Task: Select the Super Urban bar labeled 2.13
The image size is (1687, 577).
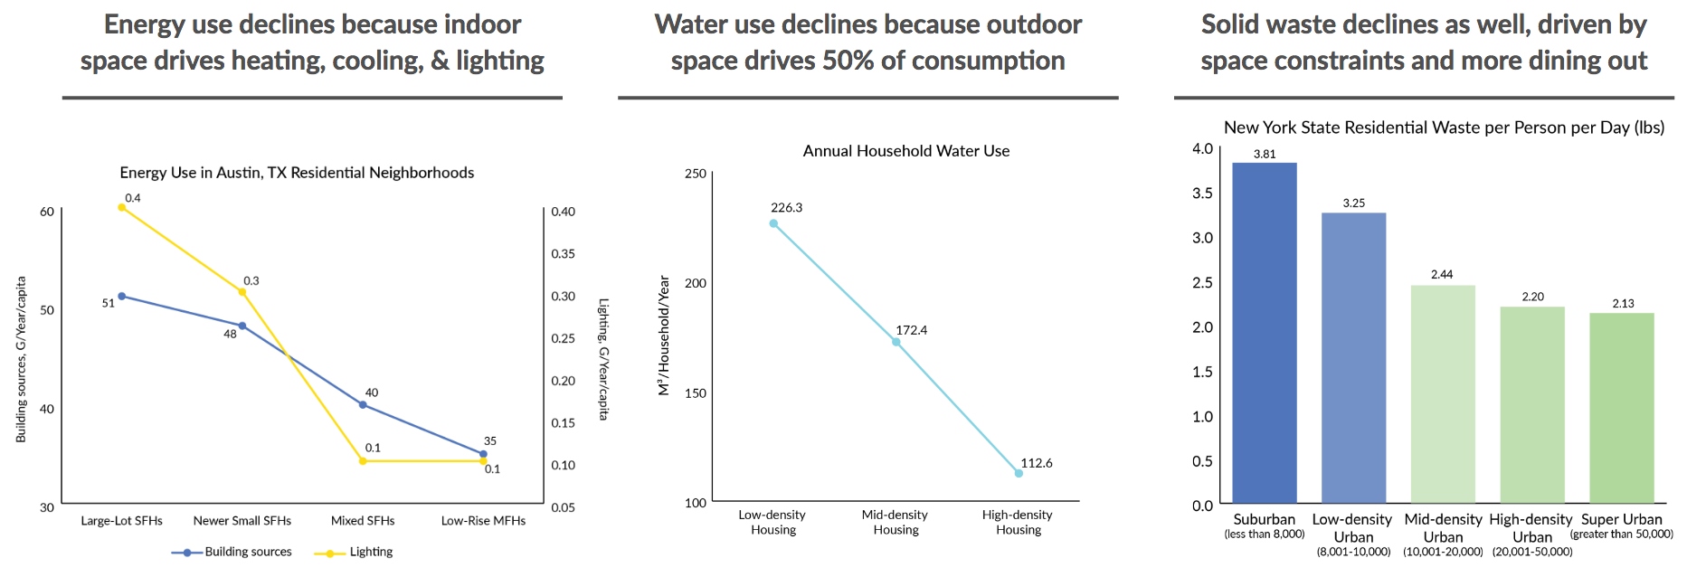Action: pyautogui.click(x=1621, y=408)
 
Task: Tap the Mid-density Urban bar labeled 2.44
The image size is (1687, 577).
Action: pyautogui.click(x=1443, y=394)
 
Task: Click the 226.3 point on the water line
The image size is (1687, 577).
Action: pyautogui.click(x=773, y=223)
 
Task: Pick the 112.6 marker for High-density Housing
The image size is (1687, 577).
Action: pyautogui.click(x=1019, y=473)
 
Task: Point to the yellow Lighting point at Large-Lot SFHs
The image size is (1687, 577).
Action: pyautogui.click(x=122, y=207)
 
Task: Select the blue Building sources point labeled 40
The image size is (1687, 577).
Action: pyautogui.click(x=363, y=405)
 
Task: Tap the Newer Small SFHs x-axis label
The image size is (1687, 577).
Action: pyautogui.click(x=242, y=521)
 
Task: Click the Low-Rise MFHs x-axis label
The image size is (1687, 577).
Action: pyautogui.click(x=483, y=521)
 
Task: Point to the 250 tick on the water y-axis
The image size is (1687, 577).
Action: pyautogui.click(x=696, y=174)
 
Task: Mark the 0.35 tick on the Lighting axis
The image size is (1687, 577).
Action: pyautogui.click(x=563, y=254)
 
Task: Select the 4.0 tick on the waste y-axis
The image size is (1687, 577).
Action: pyautogui.click(x=1202, y=149)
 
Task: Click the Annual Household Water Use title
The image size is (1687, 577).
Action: pyautogui.click(x=906, y=151)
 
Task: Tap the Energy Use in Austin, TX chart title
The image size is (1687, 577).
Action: pyautogui.click(x=297, y=173)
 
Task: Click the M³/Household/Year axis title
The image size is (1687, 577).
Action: pyautogui.click(x=665, y=336)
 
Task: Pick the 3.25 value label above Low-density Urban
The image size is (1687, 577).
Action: pyautogui.click(x=1353, y=203)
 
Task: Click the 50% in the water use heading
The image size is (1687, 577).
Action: pyautogui.click(x=848, y=61)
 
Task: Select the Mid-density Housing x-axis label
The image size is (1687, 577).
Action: pyautogui.click(x=896, y=522)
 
